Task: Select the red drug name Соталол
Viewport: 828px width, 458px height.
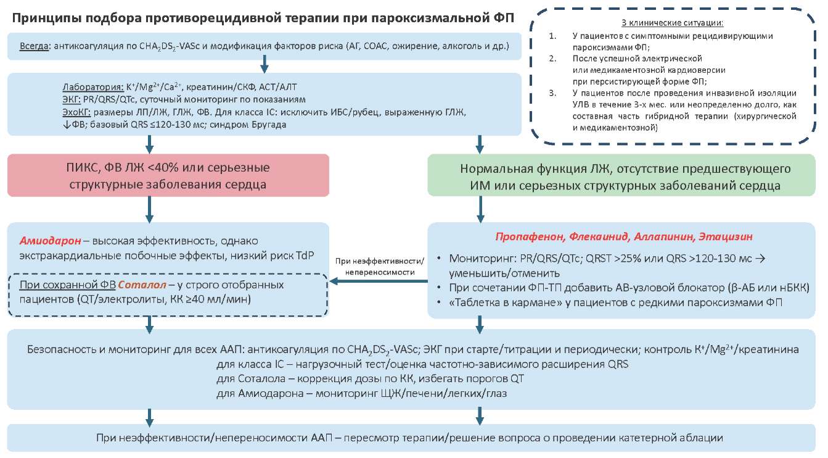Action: tap(141, 285)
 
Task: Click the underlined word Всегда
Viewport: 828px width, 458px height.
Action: tap(34, 46)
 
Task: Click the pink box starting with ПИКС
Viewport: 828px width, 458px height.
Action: tap(168, 175)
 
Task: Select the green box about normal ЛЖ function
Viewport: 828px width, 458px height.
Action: tap(625, 175)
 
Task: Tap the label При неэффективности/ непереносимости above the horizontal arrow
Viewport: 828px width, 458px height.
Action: tap(380, 266)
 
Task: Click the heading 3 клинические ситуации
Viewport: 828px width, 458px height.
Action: tap(671, 23)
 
